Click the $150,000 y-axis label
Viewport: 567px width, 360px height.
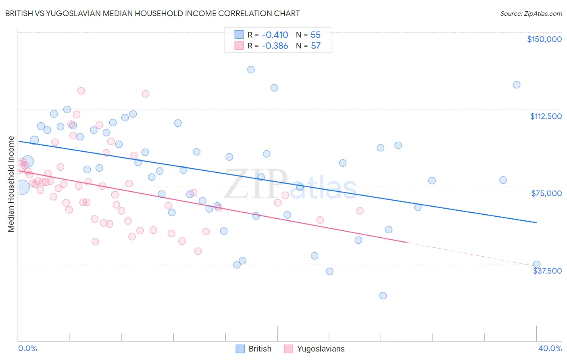(544, 39)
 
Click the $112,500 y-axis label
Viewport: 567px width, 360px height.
(546, 116)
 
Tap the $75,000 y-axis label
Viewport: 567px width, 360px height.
(546, 193)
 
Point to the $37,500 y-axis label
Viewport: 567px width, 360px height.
(547, 271)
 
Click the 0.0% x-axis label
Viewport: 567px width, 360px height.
(27, 348)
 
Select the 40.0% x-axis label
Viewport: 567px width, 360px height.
(550, 348)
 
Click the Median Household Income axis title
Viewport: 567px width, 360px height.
(11, 184)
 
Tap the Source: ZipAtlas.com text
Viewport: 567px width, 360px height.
(531, 13)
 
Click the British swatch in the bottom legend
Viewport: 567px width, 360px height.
(240, 349)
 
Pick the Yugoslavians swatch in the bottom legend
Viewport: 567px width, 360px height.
(288, 349)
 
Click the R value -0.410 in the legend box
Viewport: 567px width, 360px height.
(275, 35)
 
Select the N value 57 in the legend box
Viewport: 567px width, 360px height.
(315, 46)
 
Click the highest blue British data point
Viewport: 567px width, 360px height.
(251, 69)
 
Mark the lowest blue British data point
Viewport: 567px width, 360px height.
(383, 295)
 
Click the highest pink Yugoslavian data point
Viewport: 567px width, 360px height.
(81, 91)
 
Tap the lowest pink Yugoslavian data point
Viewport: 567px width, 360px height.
(198, 251)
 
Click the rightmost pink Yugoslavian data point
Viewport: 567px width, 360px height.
(360, 211)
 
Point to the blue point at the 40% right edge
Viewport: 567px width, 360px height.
(537, 264)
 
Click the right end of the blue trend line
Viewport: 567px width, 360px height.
(536, 222)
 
